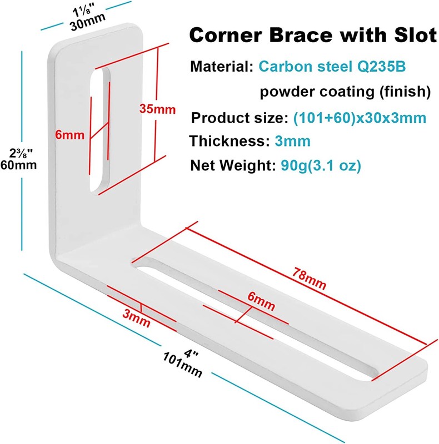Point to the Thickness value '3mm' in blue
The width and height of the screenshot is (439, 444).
tap(292, 141)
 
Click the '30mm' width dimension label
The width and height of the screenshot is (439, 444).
tap(85, 24)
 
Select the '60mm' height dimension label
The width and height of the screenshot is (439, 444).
tap(18, 165)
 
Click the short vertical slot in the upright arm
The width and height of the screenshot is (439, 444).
tap(99, 130)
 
